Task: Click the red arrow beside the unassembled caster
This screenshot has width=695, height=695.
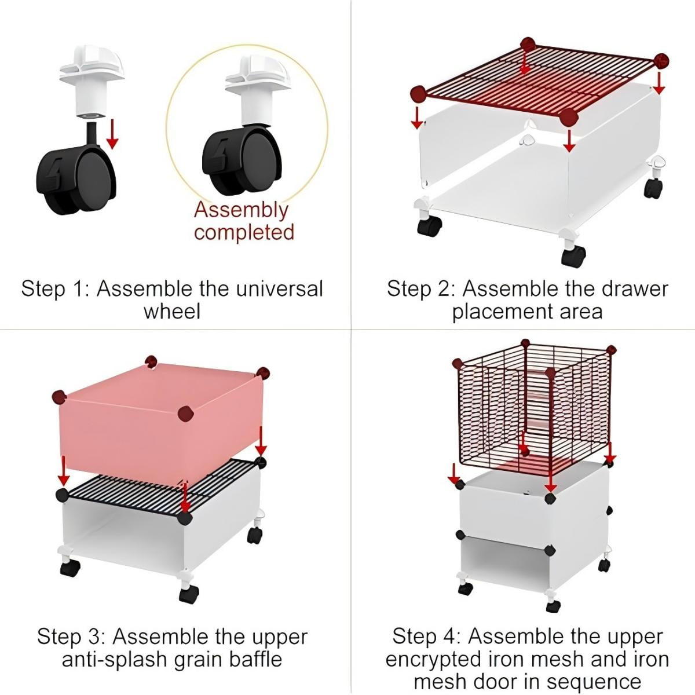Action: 112,134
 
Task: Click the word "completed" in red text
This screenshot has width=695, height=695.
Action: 244,232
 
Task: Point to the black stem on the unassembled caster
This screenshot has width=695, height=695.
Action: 92,133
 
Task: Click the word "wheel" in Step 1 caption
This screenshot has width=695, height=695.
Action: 172,312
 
